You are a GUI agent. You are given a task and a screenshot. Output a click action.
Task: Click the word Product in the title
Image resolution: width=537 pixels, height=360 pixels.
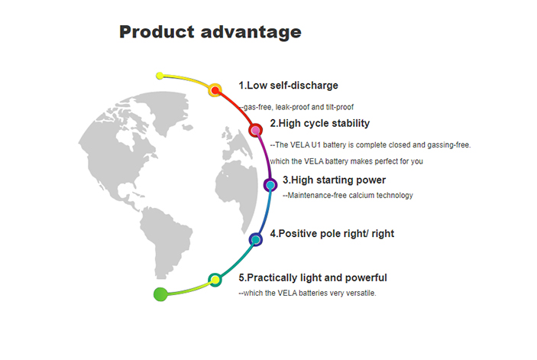click(x=157, y=32)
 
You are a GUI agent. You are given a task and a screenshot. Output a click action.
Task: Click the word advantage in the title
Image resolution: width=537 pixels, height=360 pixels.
click(x=251, y=33)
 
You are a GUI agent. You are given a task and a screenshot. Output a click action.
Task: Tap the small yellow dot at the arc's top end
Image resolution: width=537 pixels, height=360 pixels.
click(x=160, y=76)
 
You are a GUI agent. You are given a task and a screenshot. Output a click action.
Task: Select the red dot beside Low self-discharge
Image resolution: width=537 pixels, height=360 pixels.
click(x=215, y=90)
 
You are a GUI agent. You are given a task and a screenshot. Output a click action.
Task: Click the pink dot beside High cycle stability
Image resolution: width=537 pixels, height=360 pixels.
click(x=255, y=130)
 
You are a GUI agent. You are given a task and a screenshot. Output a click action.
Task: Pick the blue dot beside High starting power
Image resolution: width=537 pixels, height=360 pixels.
click(x=270, y=185)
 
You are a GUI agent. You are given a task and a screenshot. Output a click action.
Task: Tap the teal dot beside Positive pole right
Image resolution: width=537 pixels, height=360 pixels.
click(x=255, y=240)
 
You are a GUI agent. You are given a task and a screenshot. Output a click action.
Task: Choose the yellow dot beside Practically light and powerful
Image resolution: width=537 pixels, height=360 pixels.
click(x=215, y=280)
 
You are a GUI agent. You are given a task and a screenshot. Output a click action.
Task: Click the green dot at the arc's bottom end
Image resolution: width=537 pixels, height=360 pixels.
click(x=160, y=294)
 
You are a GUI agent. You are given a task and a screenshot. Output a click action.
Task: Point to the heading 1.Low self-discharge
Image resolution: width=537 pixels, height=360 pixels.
click(x=289, y=86)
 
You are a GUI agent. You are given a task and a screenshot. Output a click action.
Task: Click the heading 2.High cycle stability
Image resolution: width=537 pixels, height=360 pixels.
click(x=320, y=123)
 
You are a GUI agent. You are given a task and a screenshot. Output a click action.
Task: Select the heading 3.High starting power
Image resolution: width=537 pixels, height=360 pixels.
click(x=335, y=180)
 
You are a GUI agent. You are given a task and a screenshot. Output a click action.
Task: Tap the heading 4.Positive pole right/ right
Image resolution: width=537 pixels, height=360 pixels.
click(x=332, y=234)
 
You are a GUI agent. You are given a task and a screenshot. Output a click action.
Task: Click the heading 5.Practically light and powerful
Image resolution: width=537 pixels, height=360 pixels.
click(x=312, y=277)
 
